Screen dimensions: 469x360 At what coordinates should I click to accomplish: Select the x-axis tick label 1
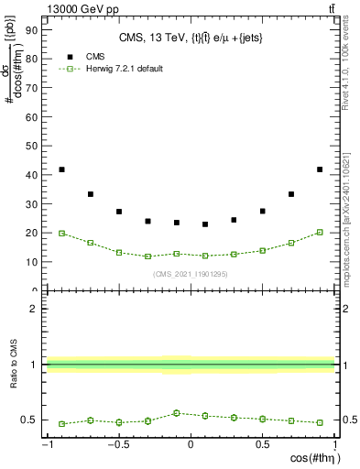[333, 445]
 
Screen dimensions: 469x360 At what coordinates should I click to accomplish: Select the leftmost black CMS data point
[61, 169]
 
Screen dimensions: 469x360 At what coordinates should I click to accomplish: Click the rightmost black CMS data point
[319, 169]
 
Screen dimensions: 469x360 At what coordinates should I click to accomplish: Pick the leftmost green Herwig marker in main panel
[61, 234]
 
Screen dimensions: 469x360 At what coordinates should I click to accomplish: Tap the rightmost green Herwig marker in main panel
[319, 232]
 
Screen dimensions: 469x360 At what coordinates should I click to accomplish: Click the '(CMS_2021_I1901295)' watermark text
[191, 274]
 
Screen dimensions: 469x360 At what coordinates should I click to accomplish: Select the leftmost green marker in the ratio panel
[61, 424]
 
